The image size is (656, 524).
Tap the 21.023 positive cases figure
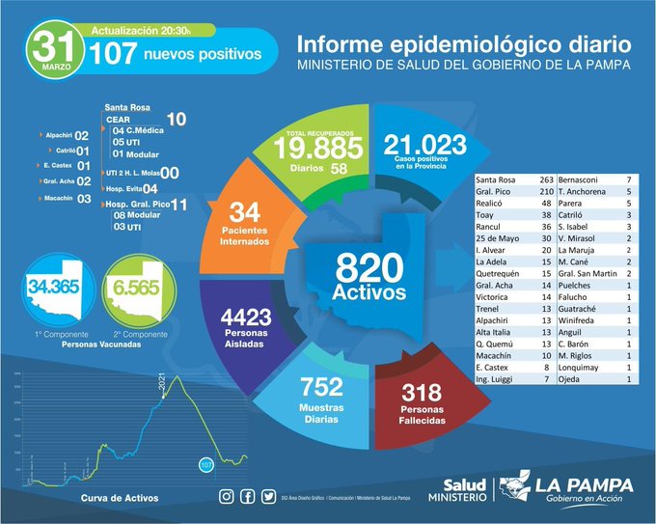pos(424,146)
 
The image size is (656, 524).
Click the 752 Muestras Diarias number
pos(321,387)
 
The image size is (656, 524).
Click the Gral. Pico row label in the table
pos(498,192)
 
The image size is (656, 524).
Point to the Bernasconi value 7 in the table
pos(628,179)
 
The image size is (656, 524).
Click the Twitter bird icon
pos(267,497)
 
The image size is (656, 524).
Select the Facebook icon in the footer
pos(247,497)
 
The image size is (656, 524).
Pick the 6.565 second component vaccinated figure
pos(139,287)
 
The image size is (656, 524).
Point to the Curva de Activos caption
pos(120,498)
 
